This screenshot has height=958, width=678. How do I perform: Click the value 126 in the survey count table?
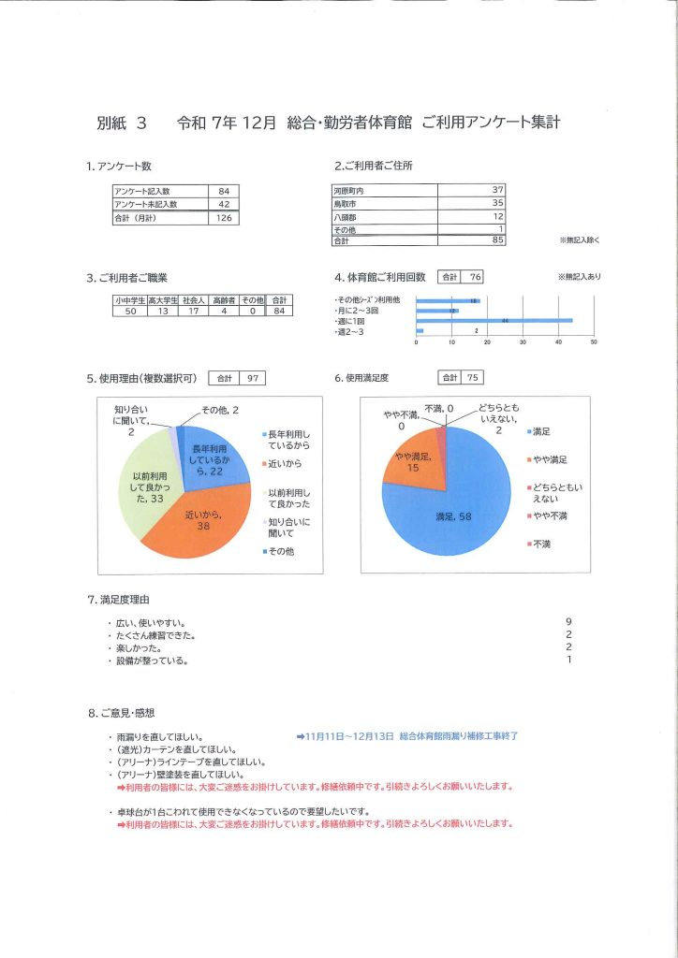[224, 218]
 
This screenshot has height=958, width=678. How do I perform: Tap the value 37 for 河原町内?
[497, 190]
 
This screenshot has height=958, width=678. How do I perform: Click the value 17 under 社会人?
[193, 311]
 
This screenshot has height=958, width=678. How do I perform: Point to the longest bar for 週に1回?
[494, 321]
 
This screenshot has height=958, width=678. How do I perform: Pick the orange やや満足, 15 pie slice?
[410, 458]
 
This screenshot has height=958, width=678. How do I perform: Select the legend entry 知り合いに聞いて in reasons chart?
[288, 527]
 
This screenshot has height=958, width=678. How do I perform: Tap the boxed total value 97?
[251, 379]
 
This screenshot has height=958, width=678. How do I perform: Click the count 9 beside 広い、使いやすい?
[568, 621]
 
